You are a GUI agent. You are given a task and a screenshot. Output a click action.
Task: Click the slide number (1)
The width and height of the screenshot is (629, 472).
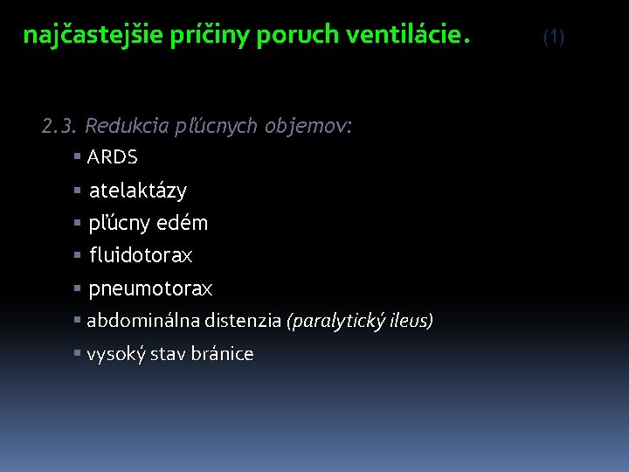554,37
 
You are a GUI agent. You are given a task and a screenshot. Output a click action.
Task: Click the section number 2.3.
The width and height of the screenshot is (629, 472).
60,126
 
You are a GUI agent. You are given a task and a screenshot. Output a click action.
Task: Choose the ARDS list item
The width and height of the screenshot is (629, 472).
112,157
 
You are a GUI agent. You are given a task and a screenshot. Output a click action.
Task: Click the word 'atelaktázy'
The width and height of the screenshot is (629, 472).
137,191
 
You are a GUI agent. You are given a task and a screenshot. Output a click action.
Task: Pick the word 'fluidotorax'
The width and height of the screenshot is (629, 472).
140,256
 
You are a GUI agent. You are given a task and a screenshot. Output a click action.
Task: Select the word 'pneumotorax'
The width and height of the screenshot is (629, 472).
150,288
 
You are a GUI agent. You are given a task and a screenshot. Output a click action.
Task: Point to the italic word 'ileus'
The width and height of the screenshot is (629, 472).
411,321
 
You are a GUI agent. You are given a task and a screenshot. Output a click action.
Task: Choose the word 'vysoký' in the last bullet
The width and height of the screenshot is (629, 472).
114,354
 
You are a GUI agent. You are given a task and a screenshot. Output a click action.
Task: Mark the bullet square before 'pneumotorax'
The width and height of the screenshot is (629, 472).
78,288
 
